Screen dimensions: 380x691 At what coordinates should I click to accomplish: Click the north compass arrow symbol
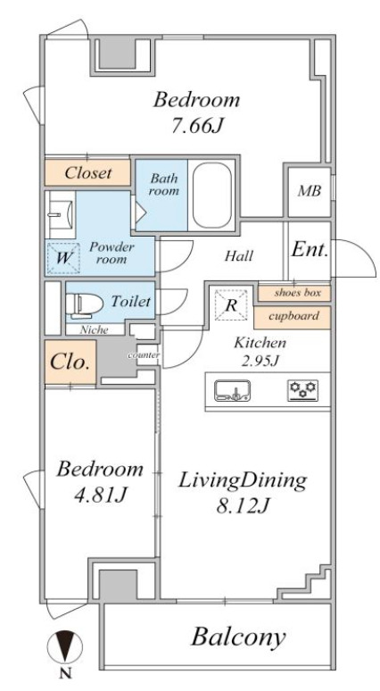pos(65,647)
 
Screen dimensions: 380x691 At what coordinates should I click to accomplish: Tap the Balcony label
pos(238,637)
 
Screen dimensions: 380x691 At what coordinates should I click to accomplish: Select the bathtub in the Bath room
pos(212,196)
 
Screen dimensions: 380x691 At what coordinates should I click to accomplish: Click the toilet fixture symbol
pos(84,304)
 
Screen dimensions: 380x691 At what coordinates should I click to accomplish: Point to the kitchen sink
pos(233,391)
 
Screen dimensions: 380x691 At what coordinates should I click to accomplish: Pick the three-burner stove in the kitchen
pos(303,391)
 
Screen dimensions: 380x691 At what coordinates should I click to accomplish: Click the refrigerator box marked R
pos(231,305)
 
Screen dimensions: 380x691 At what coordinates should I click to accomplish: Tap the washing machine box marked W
pos(63,258)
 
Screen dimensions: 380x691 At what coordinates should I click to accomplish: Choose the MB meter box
pos(310,192)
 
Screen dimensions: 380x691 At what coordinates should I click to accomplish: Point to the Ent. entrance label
pos(310,250)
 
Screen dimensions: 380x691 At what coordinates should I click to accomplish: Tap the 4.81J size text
pos(100,495)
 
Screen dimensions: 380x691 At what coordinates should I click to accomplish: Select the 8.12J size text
pos(242,506)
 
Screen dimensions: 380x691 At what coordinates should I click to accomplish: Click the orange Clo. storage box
pos(70,362)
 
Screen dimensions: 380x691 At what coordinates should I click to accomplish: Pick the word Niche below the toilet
pos(95,329)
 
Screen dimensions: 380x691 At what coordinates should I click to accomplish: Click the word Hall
pos(239,255)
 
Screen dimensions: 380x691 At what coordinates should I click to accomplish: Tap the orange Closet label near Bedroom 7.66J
pos(87,173)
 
